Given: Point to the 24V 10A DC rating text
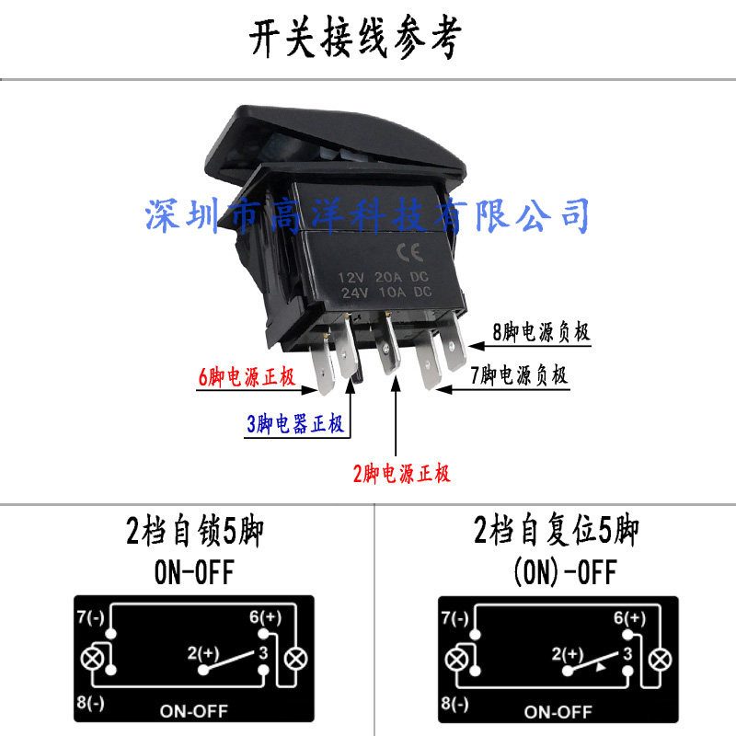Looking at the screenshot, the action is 385,293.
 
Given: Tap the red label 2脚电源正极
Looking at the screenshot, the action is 402,475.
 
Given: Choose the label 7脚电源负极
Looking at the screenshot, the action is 519,375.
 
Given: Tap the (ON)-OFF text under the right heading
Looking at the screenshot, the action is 563,574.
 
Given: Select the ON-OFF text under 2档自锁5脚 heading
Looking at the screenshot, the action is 194,574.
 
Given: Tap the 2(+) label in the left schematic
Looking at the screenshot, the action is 203,654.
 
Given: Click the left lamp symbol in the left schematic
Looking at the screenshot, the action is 92,659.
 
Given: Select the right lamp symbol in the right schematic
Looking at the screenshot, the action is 660,659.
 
